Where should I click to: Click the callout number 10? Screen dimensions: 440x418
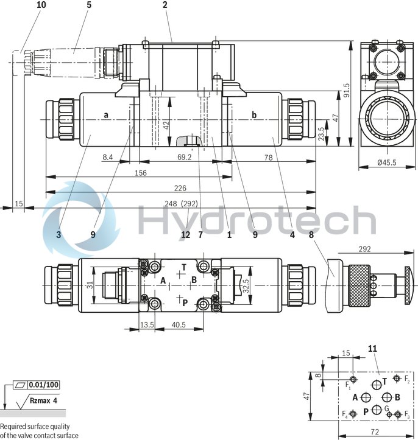click(24, 5)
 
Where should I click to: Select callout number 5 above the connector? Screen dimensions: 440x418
click(89, 5)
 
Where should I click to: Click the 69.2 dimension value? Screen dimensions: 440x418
click(183, 157)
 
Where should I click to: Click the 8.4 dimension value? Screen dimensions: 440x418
click(108, 157)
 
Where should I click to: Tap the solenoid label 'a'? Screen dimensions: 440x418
click(106, 114)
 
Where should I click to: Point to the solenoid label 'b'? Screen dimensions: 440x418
click(254, 114)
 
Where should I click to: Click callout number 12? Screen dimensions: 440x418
click(185, 234)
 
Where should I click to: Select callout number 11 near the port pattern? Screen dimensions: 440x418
click(374, 349)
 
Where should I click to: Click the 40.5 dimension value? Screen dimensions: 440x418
click(178, 325)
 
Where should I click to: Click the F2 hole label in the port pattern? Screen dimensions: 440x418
click(406, 380)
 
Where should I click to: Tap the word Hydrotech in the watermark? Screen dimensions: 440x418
click(256, 220)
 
